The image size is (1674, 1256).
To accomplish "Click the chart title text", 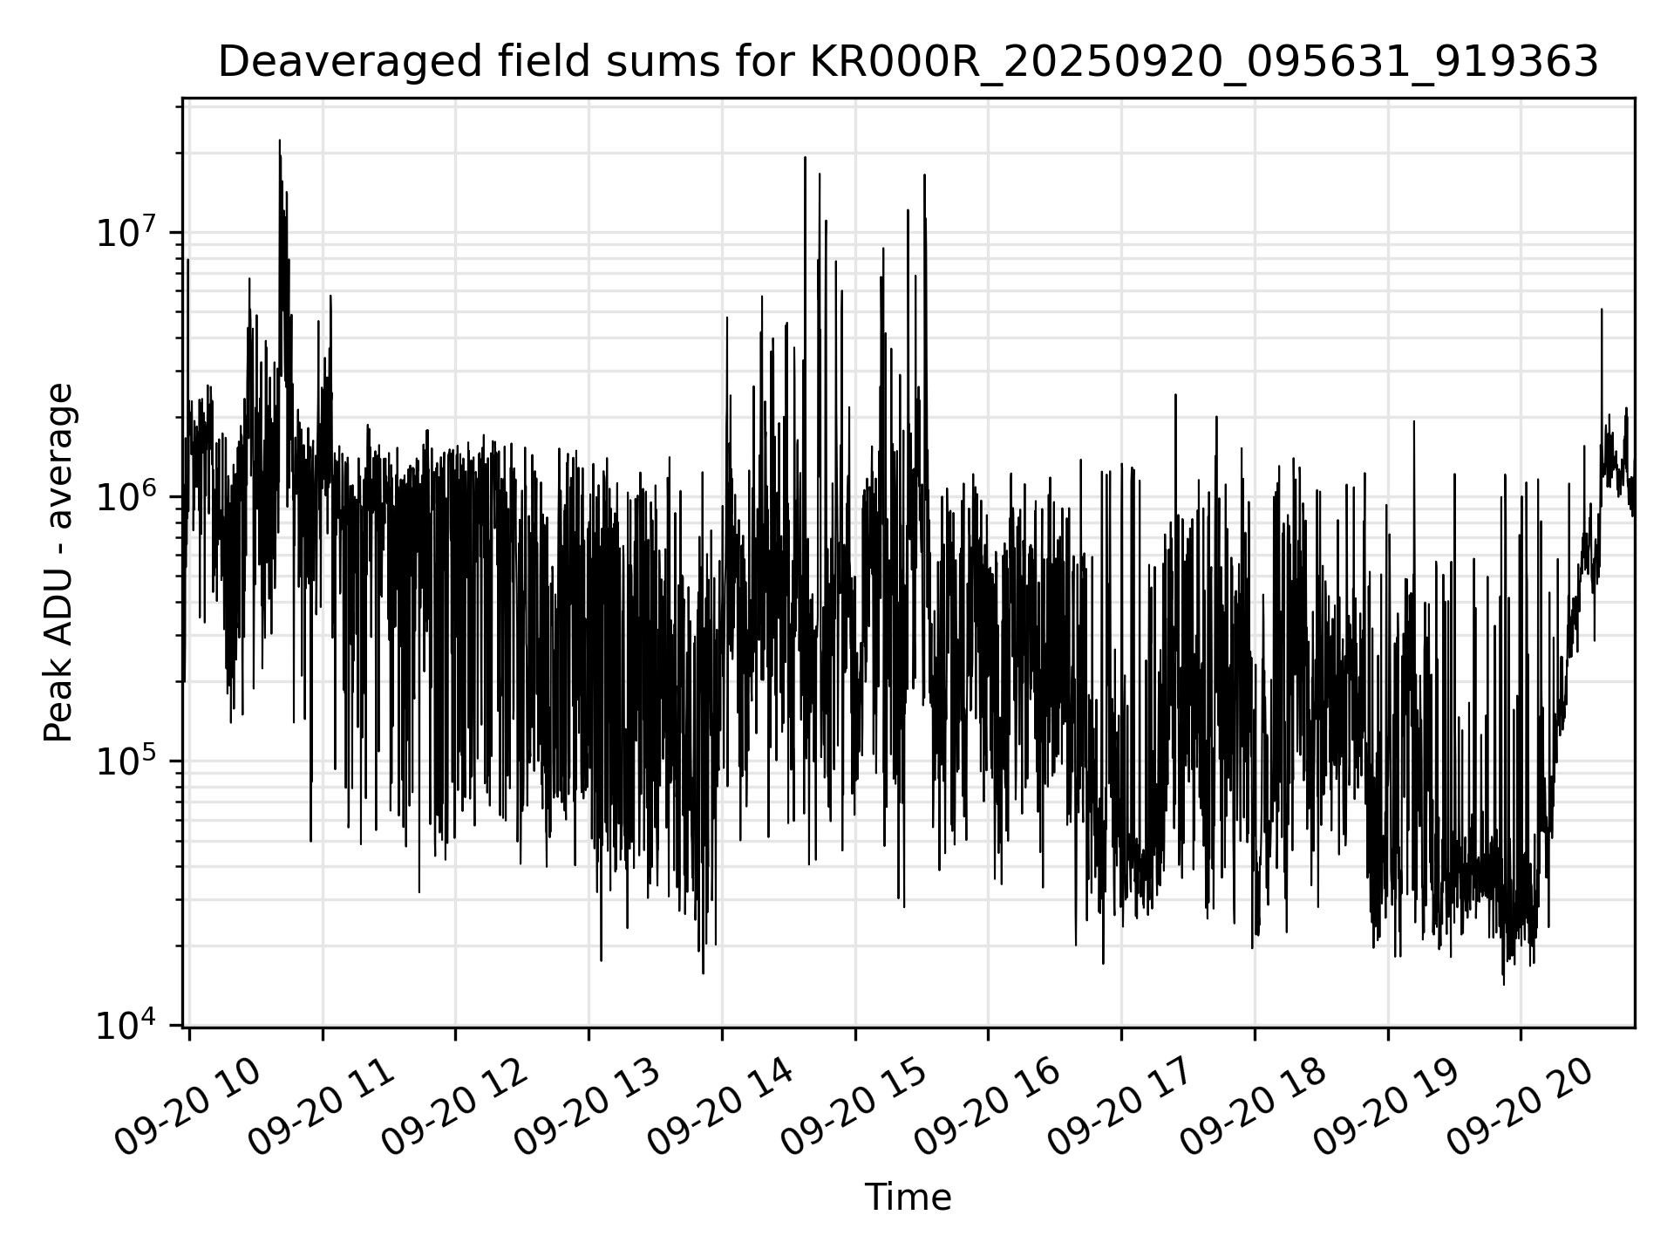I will (908, 63).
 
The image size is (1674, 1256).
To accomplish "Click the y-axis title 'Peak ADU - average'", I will (59, 563).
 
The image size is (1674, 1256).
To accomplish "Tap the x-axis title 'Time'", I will (908, 1198).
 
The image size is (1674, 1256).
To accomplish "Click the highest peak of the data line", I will (280, 140).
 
